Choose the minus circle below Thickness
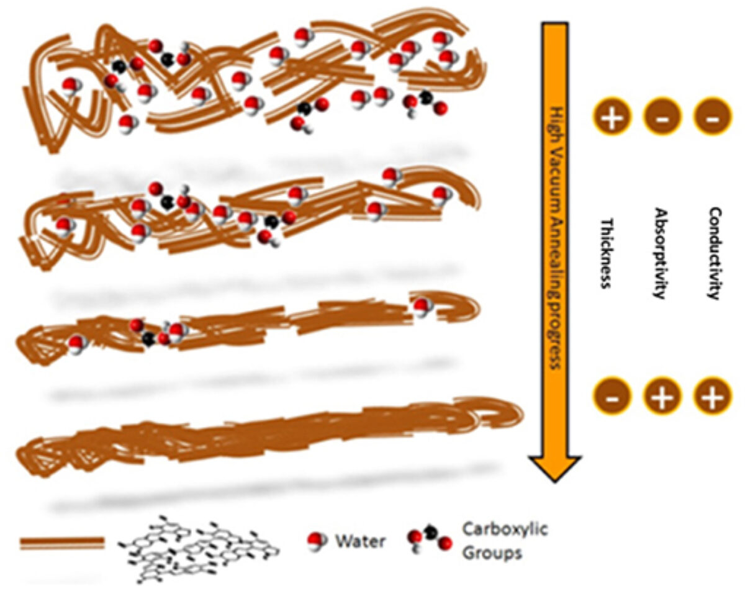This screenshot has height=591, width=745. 612,396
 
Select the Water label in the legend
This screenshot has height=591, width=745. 361,541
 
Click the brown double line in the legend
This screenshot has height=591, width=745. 62,543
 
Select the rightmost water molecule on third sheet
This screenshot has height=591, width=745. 422,306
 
